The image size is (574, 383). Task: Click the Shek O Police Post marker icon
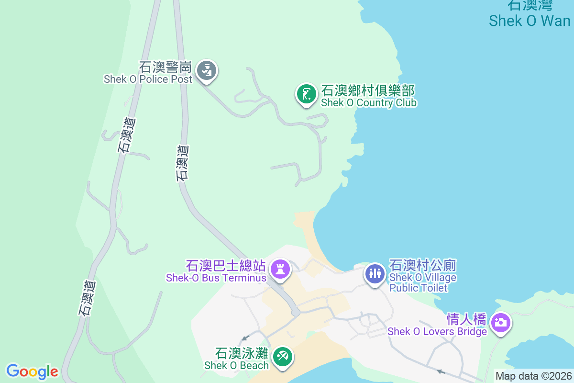pyautogui.click(x=207, y=70)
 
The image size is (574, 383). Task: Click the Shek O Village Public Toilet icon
pyautogui.click(x=375, y=273)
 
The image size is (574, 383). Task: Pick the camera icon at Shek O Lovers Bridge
pyautogui.click(x=501, y=322)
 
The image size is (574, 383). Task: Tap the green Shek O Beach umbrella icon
pyautogui.click(x=283, y=357)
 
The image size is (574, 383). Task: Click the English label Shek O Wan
pyautogui.click(x=530, y=21)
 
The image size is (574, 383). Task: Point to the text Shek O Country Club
pyautogui.click(x=369, y=103)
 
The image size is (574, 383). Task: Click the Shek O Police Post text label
pyautogui.click(x=148, y=79)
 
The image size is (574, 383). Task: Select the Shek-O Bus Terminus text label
pyautogui.click(x=216, y=278)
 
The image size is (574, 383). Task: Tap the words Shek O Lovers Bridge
pyautogui.click(x=437, y=331)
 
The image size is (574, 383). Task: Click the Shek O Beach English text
pyautogui.click(x=236, y=365)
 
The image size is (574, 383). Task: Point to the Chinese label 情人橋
pyautogui.click(x=466, y=319)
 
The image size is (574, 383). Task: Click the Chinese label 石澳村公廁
pyautogui.click(x=423, y=265)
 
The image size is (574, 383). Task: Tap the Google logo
pyautogui.click(x=32, y=372)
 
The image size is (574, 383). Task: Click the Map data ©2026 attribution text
pyautogui.click(x=533, y=376)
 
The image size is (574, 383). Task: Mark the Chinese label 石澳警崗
pyautogui.click(x=166, y=67)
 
